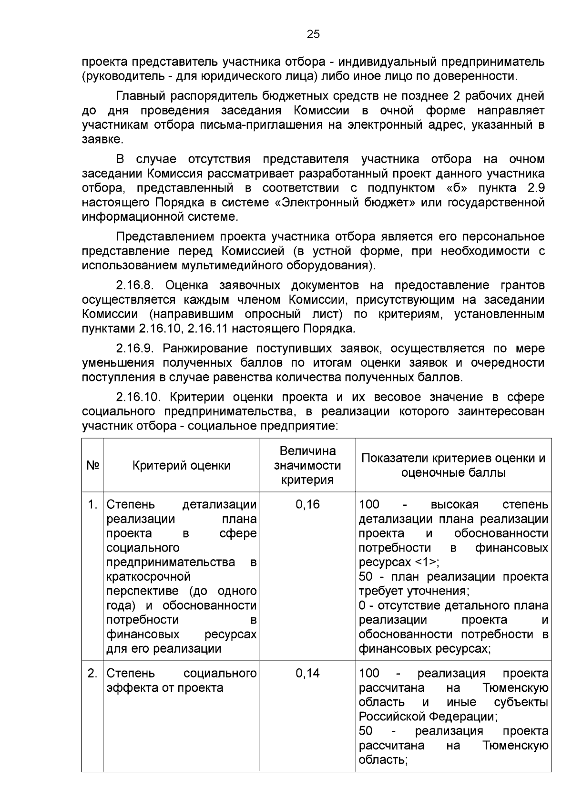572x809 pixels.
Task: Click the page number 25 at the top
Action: click(x=313, y=34)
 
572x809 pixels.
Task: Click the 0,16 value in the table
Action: click(x=307, y=504)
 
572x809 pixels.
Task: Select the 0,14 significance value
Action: click(x=307, y=673)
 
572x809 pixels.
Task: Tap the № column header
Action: click(x=92, y=465)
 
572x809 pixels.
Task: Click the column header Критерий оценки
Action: click(x=181, y=465)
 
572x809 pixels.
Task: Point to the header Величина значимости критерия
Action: click(x=307, y=465)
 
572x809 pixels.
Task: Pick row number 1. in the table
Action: click(x=93, y=504)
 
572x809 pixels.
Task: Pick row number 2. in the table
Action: click(x=93, y=673)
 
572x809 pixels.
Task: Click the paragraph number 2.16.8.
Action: click(x=134, y=285)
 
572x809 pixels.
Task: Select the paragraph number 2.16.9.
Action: click(x=134, y=348)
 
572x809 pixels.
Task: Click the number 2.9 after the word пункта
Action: click(x=536, y=188)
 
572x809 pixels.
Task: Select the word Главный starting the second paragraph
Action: click(x=140, y=96)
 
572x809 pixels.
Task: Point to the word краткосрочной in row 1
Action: click(x=148, y=577)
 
